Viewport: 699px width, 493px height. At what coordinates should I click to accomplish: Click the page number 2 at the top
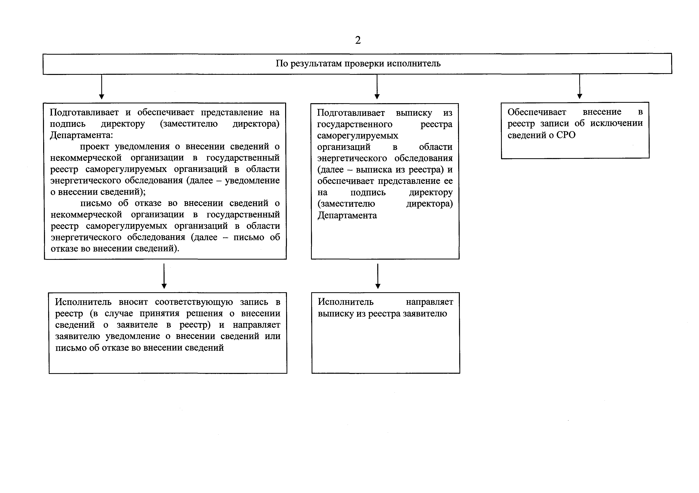(358, 40)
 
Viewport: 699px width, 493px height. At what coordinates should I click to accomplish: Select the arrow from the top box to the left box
(102, 87)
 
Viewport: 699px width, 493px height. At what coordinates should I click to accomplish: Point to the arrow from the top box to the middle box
(377, 87)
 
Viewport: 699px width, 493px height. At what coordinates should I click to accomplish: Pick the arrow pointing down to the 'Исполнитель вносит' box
(164, 276)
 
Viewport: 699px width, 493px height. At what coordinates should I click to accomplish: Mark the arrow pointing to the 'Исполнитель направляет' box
(378, 276)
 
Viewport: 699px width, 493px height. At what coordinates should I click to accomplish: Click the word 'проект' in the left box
(94, 146)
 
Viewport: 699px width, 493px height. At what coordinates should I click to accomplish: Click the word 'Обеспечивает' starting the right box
(537, 112)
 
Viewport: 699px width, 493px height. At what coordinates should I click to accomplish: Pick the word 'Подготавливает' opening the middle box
(351, 113)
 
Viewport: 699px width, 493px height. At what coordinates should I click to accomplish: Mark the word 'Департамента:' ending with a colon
(81, 135)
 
